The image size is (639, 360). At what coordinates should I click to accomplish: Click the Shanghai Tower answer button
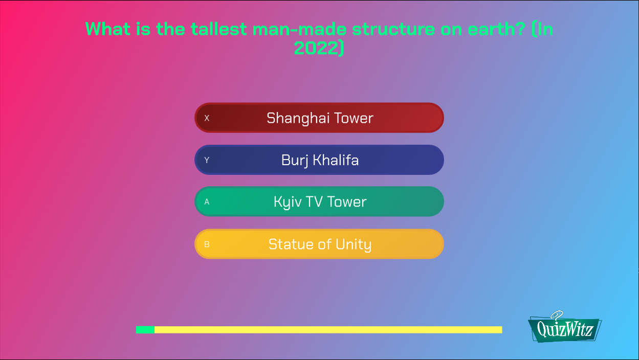[x=319, y=118]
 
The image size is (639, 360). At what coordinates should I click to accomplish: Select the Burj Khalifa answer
[x=319, y=160]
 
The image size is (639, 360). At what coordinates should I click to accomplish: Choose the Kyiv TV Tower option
[x=319, y=202]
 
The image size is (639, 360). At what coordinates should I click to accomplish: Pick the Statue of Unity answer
[x=319, y=244]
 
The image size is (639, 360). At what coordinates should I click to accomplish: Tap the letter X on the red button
[x=207, y=118]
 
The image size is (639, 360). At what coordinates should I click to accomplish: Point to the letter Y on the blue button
[x=207, y=161]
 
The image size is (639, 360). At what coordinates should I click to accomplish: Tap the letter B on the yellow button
[x=207, y=244]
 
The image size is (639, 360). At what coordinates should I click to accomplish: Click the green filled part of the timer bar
[x=145, y=330]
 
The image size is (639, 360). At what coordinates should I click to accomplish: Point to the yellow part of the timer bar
[x=327, y=330]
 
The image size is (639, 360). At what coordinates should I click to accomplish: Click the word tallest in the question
[x=218, y=29]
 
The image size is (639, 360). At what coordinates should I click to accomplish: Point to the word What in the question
[x=108, y=29]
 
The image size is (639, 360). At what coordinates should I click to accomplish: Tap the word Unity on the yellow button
[x=353, y=244]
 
